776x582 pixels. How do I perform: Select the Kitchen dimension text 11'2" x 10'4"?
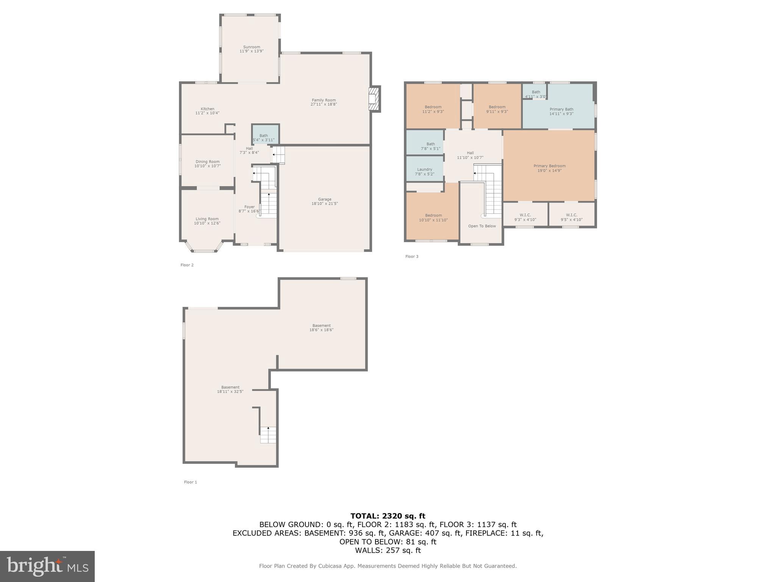tap(207, 113)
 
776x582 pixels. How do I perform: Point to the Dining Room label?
tap(207, 162)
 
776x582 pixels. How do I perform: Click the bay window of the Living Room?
tap(205, 249)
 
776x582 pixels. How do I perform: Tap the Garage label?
tap(324, 199)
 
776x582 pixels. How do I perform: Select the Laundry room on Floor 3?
tap(424, 169)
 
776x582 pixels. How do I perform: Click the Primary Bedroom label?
tap(549, 166)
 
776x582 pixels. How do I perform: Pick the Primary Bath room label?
tap(561, 109)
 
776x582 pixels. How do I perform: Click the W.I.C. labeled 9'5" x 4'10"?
tap(571, 217)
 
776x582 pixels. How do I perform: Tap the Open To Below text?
tap(482, 226)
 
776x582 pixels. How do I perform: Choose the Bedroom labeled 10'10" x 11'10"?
tap(433, 217)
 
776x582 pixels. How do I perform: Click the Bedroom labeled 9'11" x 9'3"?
tap(497, 109)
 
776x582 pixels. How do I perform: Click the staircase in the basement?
tap(268, 435)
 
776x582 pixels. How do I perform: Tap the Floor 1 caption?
tap(191, 482)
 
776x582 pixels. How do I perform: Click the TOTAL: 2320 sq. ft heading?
tap(388, 516)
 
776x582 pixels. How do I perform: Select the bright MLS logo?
tap(47, 566)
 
